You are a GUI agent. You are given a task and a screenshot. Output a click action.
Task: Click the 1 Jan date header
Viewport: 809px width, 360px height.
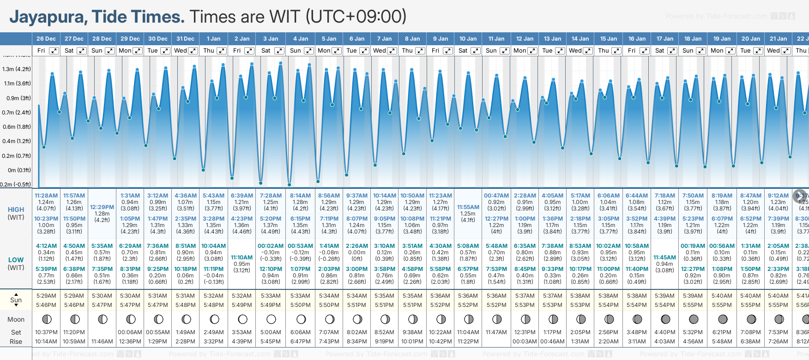pyautogui.click(x=213, y=39)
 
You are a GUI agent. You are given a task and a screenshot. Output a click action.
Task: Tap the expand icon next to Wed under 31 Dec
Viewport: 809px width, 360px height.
pyautogui.click(x=193, y=51)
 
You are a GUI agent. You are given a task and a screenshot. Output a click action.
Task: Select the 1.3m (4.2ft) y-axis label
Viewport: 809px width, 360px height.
pyautogui.click(x=17, y=69)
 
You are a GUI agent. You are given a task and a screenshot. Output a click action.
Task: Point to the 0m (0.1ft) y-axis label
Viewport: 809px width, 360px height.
pyautogui.click(x=19, y=170)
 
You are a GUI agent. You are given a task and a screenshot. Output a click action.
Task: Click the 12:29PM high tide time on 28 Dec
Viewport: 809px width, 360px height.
pyautogui.click(x=102, y=207)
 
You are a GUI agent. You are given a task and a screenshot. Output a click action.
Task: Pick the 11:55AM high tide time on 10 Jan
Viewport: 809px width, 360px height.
pyautogui.click(x=468, y=207)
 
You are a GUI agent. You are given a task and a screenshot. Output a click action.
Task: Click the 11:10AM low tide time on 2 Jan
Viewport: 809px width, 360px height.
pyautogui.click(x=242, y=258)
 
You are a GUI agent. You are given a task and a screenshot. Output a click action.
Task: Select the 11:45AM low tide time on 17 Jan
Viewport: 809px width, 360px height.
pyautogui.click(x=664, y=258)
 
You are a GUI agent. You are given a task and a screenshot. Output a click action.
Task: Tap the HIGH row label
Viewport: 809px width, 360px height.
pyautogui.click(x=16, y=210)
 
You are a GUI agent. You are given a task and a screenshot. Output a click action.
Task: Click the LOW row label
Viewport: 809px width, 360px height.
pyautogui.click(x=16, y=260)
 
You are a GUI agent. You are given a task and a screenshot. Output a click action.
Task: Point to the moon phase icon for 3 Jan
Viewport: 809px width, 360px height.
pyautogui.click(x=271, y=319)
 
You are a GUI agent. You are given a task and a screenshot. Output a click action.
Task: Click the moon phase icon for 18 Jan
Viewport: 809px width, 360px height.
pyautogui.click(x=694, y=319)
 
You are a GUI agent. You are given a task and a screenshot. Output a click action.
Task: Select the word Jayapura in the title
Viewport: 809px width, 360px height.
pyautogui.click(x=48, y=17)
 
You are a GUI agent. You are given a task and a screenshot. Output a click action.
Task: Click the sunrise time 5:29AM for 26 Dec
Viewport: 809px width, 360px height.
pyautogui.click(x=46, y=296)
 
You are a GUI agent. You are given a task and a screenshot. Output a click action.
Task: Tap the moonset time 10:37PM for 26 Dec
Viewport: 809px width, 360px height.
pyautogui.click(x=46, y=332)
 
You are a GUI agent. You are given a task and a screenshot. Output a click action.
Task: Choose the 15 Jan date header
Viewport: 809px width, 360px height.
pyautogui.click(x=608, y=39)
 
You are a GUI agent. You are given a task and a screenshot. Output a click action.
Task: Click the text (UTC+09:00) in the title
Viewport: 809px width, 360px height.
pyautogui.click(x=356, y=17)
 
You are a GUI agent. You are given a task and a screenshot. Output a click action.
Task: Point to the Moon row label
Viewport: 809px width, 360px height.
pyautogui.click(x=16, y=319)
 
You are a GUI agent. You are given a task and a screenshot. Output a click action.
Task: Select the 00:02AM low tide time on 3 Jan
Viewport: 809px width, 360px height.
pyautogui.click(x=271, y=246)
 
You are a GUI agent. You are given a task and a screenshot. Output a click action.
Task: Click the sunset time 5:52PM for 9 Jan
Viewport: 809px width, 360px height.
pyautogui.click(x=440, y=305)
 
